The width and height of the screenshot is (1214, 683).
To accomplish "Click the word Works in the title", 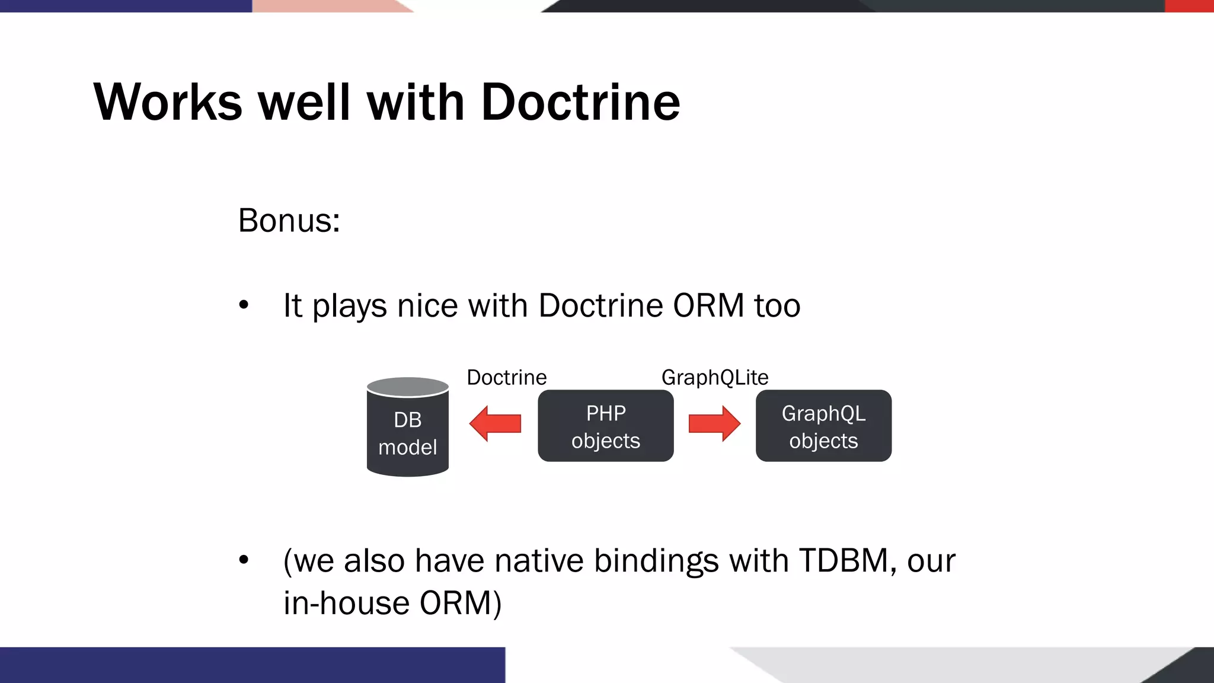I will [168, 102].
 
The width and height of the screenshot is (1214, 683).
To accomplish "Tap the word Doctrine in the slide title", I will [580, 102].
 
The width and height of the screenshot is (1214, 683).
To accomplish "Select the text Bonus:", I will [289, 221].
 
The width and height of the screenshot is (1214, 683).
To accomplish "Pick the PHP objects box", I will [605, 426].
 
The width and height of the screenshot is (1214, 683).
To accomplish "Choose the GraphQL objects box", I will [823, 426].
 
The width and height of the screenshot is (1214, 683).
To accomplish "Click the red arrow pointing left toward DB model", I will [495, 423].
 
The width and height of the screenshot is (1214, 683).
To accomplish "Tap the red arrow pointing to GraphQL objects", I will [714, 423].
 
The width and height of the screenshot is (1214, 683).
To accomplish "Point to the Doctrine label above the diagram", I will [506, 378].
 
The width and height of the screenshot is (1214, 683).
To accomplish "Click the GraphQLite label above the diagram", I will [715, 378].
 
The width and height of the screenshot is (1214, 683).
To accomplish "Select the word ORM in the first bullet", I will [708, 306].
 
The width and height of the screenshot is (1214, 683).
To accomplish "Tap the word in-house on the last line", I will [346, 603].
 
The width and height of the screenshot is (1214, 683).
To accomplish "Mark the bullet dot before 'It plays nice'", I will [244, 306].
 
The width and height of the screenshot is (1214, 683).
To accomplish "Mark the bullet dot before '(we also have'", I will [244, 560].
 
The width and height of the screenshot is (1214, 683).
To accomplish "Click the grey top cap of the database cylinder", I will [408, 387].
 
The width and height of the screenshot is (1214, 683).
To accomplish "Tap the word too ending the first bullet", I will [777, 306].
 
